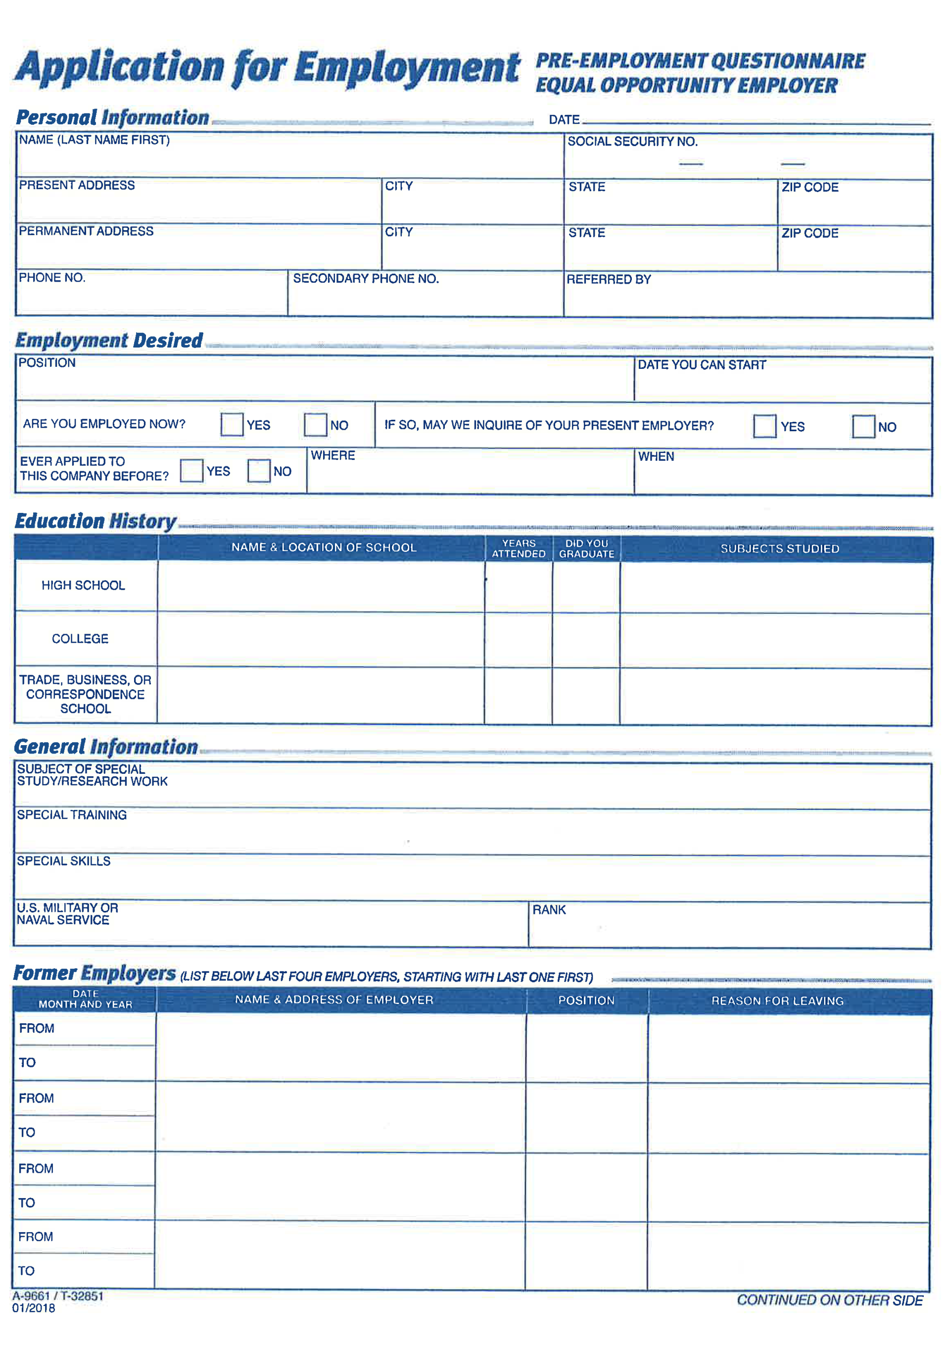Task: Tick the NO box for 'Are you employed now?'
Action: (x=315, y=425)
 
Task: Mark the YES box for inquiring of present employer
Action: (x=764, y=426)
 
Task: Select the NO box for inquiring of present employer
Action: (x=863, y=426)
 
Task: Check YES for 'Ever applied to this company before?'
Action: (x=191, y=471)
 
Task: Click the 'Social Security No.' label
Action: (x=632, y=142)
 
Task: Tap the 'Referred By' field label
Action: (x=609, y=280)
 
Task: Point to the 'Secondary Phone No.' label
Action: (x=366, y=278)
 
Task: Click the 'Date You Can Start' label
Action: (x=702, y=365)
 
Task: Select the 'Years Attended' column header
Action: (x=519, y=549)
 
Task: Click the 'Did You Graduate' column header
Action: (x=586, y=549)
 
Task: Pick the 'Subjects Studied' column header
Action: (x=780, y=549)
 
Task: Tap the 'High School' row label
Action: (x=83, y=585)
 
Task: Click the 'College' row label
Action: (x=80, y=639)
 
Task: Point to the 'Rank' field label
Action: (x=549, y=910)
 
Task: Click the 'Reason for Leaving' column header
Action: (x=777, y=1001)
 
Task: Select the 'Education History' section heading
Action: (x=95, y=521)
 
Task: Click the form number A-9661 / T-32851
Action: (x=58, y=1296)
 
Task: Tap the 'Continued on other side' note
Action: (x=830, y=1300)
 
